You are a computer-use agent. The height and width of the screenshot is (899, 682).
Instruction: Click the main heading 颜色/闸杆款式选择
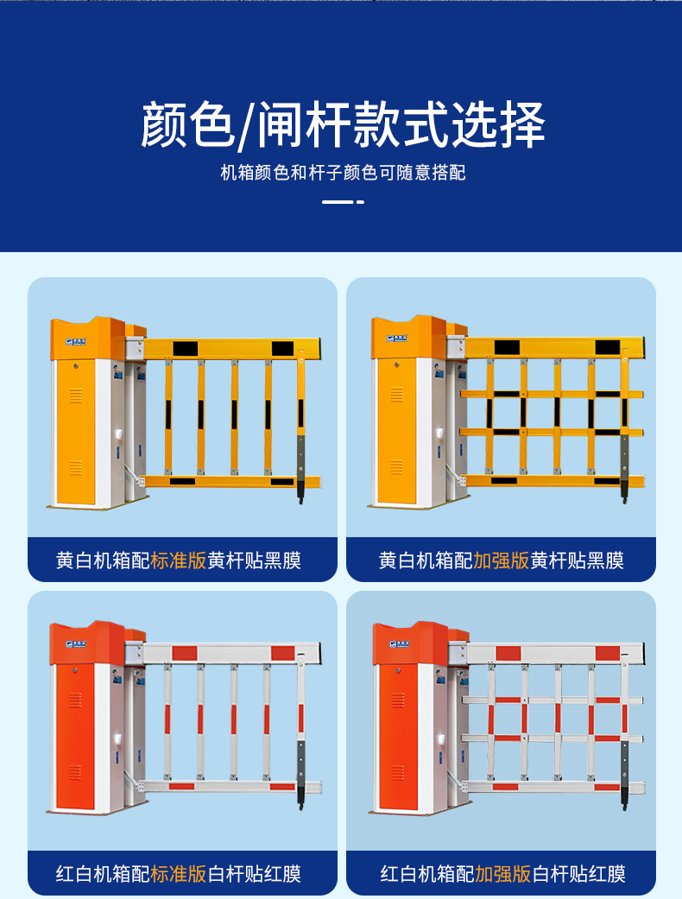(x=342, y=124)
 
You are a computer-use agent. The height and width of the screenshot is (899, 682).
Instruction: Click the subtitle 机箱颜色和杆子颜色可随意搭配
(x=343, y=172)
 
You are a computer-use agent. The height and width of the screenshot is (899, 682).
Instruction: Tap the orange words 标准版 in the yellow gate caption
(x=178, y=560)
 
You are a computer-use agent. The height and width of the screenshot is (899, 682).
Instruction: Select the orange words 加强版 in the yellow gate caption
(x=501, y=560)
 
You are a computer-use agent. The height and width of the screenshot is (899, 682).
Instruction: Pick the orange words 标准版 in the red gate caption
(x=178, y=874)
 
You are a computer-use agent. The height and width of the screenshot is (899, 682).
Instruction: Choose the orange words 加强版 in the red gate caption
(x=502, y=874)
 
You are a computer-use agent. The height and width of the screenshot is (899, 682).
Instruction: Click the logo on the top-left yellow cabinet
(x=76, y=341)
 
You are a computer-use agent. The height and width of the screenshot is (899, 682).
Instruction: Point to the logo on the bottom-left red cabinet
(x=76, y=645)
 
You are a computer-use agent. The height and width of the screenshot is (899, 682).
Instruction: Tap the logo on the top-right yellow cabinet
(x=397, y=339)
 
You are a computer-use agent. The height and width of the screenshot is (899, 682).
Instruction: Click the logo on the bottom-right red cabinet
(x=400, y=645)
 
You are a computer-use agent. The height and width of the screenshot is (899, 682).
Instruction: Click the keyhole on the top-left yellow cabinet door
(x=74, y=364)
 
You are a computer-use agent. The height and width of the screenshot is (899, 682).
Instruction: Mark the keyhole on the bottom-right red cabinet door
(x=397, y=669)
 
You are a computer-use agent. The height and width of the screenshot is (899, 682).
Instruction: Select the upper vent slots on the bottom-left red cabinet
(x=75, y=700)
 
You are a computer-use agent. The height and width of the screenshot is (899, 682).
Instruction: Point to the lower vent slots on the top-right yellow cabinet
(x=396, y=467)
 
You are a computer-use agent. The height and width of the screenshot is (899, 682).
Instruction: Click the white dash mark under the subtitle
(x=343, y=202)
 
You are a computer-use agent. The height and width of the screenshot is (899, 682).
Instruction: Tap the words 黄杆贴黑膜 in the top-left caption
(x=254, y=560)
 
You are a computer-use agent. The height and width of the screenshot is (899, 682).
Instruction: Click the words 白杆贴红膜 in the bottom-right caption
(x=578, y=874)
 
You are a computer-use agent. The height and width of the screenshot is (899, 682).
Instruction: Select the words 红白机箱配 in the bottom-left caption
(x=103, y=874)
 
